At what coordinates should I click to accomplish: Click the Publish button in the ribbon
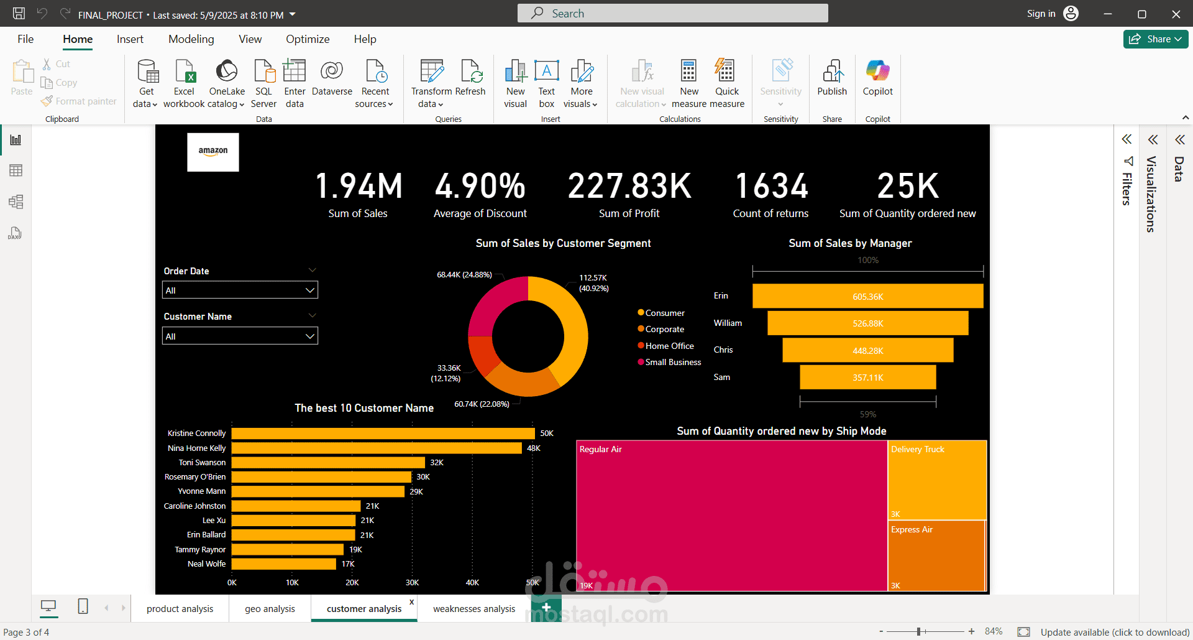point(832,78)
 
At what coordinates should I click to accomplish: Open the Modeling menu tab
point(191,39)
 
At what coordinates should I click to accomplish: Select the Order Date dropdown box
point(240,290)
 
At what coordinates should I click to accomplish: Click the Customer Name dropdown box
point(240,336)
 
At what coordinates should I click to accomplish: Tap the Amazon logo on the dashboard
point(213,152)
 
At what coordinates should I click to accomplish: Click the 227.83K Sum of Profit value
point(629,186)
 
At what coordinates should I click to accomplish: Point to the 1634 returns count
point(771,186)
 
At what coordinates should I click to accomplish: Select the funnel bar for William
point(867,323)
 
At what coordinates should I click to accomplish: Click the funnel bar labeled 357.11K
point(867,378)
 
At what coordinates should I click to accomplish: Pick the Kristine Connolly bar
point(382,434)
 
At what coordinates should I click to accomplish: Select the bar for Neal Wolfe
point(283,564)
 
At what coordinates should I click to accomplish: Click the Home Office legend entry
point(669,346)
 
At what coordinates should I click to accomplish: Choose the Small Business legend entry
point(673,362)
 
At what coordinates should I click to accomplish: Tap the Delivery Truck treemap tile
point(937,480)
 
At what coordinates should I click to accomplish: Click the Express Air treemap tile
point(936,555)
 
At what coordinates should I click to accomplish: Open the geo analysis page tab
point(270,609)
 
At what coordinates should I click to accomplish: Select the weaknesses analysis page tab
point(474,609)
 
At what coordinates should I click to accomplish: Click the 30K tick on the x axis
point(412,583)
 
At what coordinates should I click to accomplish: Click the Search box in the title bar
point(672,13)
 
